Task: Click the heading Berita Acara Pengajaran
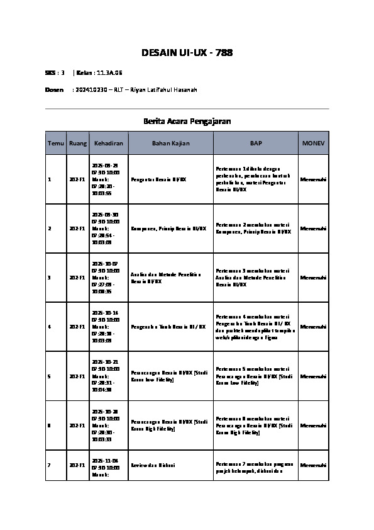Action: point(187,121)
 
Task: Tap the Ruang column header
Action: point(78,144)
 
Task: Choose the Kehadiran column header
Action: point(109,144)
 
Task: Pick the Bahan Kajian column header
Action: point(170,144)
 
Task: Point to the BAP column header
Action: point(256,144)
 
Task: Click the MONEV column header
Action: point(313,144)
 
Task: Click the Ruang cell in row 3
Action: point(77,278)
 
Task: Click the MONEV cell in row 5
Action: point(313,376)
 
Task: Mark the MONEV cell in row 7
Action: point(313,465)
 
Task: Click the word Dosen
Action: point(54,90)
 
